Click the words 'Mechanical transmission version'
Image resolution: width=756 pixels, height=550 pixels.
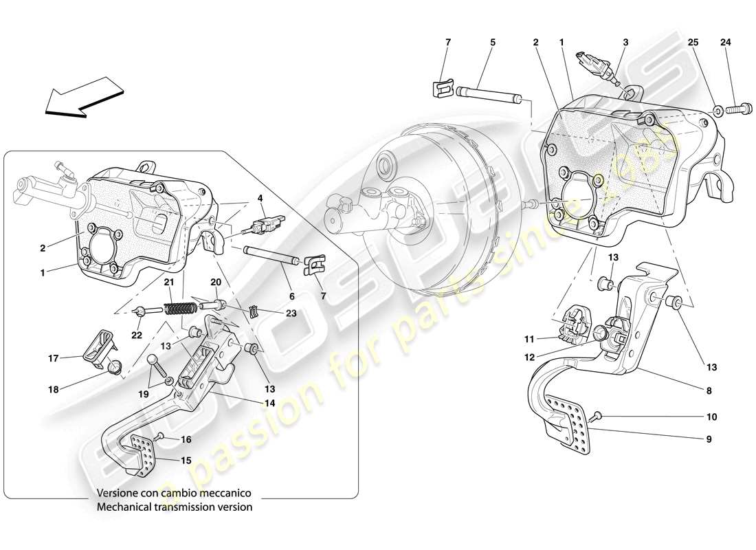175,507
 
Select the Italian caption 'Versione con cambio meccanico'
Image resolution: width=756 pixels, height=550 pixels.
175,493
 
